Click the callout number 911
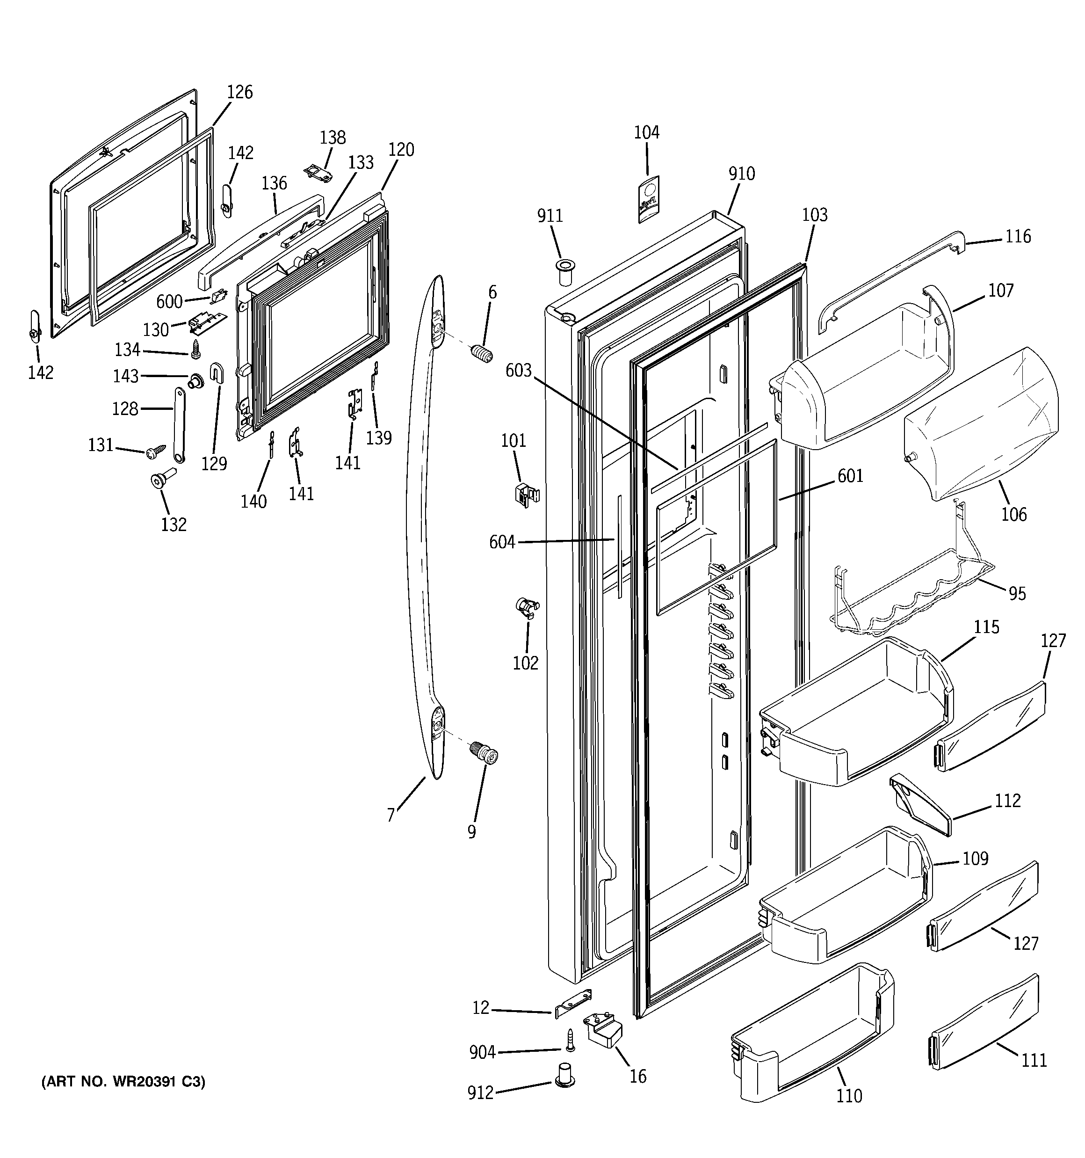[x=550, y=216]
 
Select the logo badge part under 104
[x=648, y=200]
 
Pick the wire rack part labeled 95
[x=909, y=600]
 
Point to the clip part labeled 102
[x=527, y=606]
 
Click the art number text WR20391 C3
[x=123, y=1082]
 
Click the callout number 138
[x=333, y=138]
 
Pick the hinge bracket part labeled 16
[x=603, y=1029]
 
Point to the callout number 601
[x=850, y=476]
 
